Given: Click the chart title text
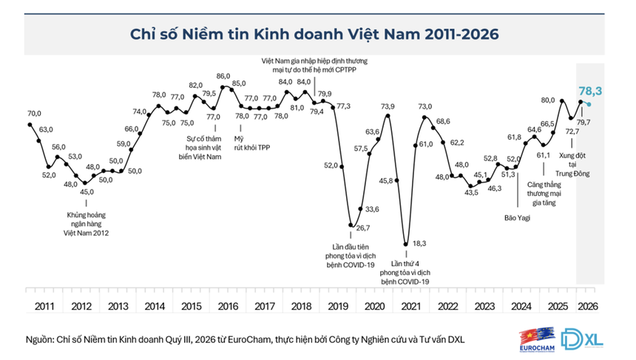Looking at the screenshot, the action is [x=314, y=34].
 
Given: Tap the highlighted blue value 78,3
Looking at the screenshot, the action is [x=590, y=91].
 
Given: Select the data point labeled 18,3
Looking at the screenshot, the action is [x=405, y=244].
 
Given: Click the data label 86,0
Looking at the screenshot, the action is [x=223, y=76].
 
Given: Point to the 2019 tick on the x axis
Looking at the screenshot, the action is [x=338, y=306].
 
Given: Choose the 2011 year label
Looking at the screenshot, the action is [x=44, y=306].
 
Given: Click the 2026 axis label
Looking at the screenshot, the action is [x=588, y=306].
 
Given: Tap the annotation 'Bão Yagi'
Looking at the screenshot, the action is [x=517, y=218].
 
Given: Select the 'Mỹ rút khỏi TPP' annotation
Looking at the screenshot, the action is [x=252, y=143].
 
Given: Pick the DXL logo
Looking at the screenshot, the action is [x=582, y=339].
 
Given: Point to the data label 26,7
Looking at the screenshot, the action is [x=363, y=228].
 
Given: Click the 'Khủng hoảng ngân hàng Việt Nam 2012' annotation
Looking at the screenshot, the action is [x=86, y=224].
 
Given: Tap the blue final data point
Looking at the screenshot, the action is [x=589, y=104].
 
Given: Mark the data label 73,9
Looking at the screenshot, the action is [x=388, y=106].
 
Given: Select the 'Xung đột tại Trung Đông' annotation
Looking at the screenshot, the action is [x=572, y=164].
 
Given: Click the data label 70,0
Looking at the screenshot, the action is [x=34, y=114].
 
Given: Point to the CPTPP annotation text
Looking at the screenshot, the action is [x=314, y=65].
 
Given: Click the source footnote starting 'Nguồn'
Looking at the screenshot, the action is [x=245, y=339].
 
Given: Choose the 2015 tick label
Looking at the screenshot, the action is [x=192, y=306].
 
